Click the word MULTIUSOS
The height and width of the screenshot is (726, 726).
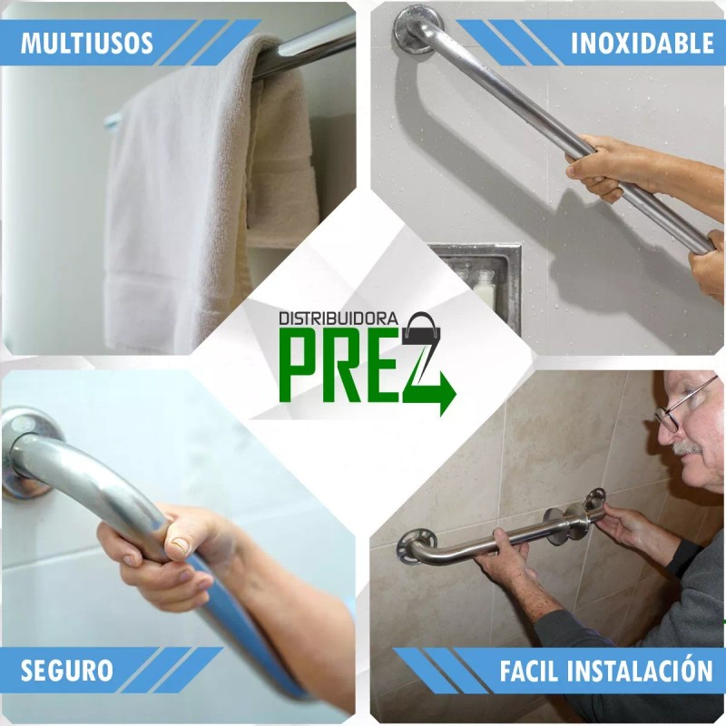click(87, 43)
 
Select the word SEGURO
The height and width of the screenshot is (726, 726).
click(67, 671)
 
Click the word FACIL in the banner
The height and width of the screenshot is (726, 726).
click(532, 672)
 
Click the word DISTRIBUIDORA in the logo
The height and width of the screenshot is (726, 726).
click(338, 319)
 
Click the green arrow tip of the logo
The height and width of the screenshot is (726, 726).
click(447, 396)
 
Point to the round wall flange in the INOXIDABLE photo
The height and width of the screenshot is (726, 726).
click(417, 25)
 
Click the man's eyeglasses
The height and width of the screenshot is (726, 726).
click(682, 404)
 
